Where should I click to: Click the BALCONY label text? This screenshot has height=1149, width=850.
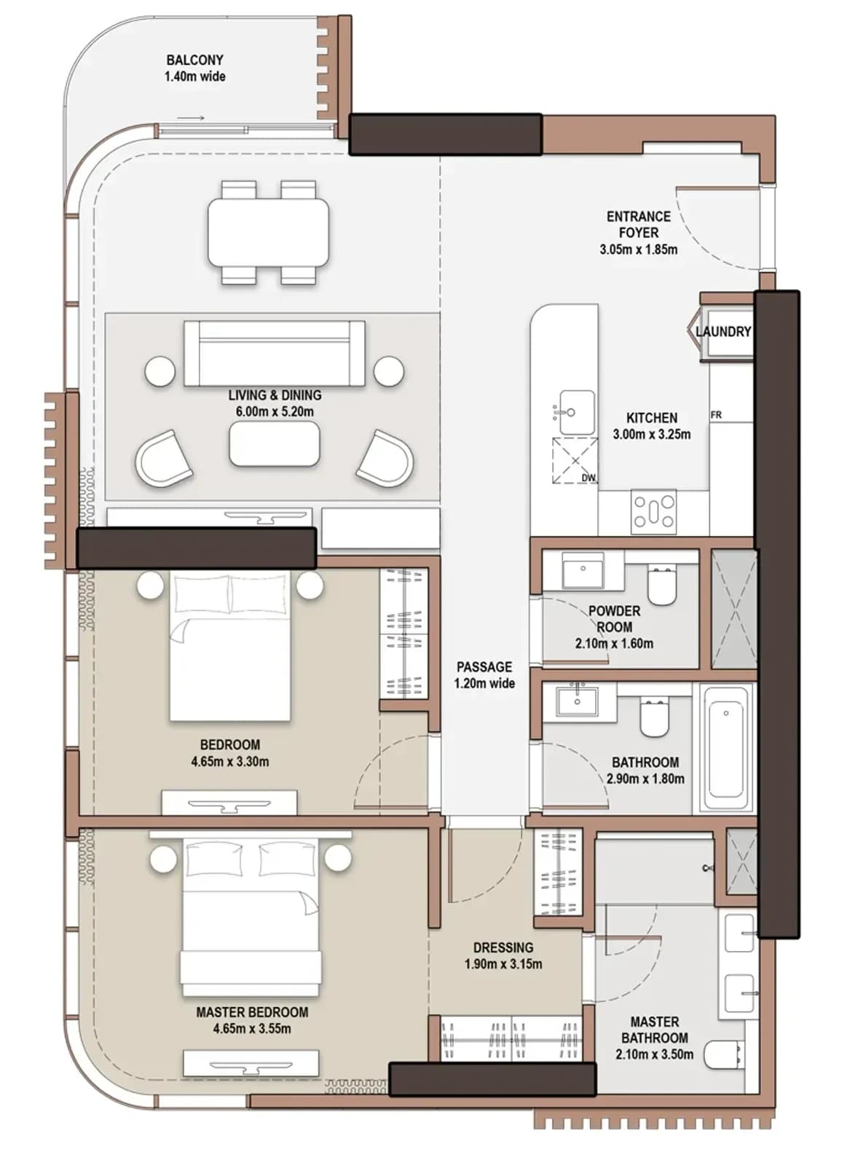(195, 60)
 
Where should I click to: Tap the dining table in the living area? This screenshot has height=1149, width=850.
(269, 232)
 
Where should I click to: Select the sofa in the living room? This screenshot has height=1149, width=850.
(274, 353)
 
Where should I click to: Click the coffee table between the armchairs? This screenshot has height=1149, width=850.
(274, 443)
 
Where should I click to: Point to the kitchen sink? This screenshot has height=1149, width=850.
(577, 412)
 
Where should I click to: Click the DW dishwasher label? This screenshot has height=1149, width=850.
(589, 478)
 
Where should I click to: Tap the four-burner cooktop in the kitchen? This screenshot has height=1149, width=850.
(653, 511)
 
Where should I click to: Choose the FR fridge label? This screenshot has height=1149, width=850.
(716, 415)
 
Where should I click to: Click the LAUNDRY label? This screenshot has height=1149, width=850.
(723, 331)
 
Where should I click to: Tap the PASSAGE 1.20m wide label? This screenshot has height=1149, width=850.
(484, 675)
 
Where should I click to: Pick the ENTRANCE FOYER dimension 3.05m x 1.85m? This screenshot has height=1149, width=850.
(639, 249)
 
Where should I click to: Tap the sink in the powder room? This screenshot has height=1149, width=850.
(583, 570)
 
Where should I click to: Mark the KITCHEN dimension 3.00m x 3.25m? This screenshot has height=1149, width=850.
(651, 434)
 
